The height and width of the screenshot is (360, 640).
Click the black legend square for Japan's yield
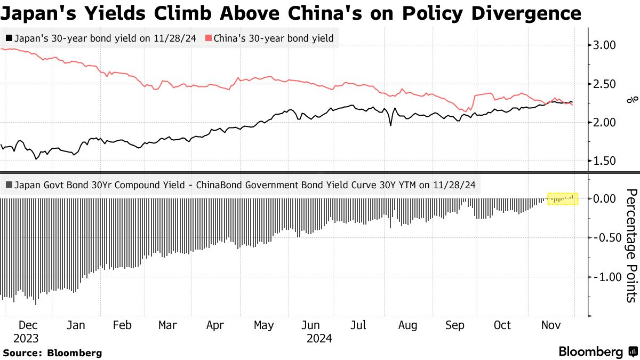pos(9,38)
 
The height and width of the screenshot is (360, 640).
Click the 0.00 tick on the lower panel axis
pos(605,198)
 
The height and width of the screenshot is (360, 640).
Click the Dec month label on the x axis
pos(27,325)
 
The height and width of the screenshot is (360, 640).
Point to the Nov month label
pos(551,325)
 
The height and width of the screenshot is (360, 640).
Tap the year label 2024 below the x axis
pos(319,338)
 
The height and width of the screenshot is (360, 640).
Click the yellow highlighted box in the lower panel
pos(563,199)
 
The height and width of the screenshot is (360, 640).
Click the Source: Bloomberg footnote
pos(52,353)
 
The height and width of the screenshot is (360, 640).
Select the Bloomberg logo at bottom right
pos(597,351)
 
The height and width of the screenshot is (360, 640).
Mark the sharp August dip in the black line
pos(390,125)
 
